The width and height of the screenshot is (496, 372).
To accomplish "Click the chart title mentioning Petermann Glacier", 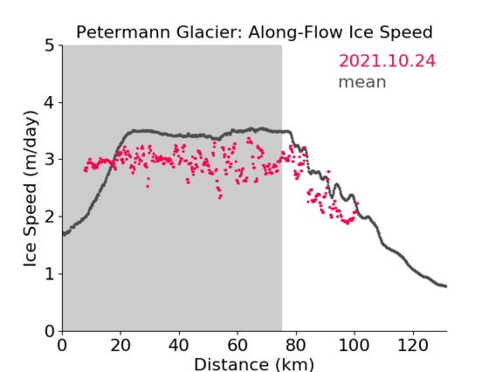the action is [x=254, y=32].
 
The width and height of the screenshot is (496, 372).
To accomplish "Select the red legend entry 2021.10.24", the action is [x=387, y=61].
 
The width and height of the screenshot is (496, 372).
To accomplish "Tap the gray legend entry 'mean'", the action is [x=362, y=82].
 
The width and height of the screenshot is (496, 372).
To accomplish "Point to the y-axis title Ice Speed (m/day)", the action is [x=31, y=189].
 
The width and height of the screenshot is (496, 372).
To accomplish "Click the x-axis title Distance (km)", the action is [x=254, y=364].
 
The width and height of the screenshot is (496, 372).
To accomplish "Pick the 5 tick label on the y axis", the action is [x=50, y=46].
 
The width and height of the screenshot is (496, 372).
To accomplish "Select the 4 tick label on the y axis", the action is [x=50, y=103].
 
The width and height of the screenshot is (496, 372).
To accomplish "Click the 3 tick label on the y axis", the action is [x=50, y=160].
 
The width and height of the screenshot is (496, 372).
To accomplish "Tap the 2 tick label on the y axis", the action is [x=50, y=217].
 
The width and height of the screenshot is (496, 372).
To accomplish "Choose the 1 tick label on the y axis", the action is [x=50, y=273].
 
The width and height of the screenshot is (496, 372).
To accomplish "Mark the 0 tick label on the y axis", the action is [x=50, y=331].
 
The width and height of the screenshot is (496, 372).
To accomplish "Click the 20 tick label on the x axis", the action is [x=121, y=345].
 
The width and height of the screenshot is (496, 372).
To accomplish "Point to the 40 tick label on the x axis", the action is [x=179, y=345].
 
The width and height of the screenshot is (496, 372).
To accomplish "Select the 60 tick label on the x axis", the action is [x=238, y=345].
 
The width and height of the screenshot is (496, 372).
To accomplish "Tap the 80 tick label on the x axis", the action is [x=296, y=345].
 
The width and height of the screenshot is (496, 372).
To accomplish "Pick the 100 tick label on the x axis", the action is [x=354, y=345].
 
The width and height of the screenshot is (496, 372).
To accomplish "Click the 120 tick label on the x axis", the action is [x=412, y=345].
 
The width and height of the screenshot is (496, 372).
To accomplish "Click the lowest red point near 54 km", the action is [x=220, y=197].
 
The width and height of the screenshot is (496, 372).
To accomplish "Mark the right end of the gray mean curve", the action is [x=445, y=286].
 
